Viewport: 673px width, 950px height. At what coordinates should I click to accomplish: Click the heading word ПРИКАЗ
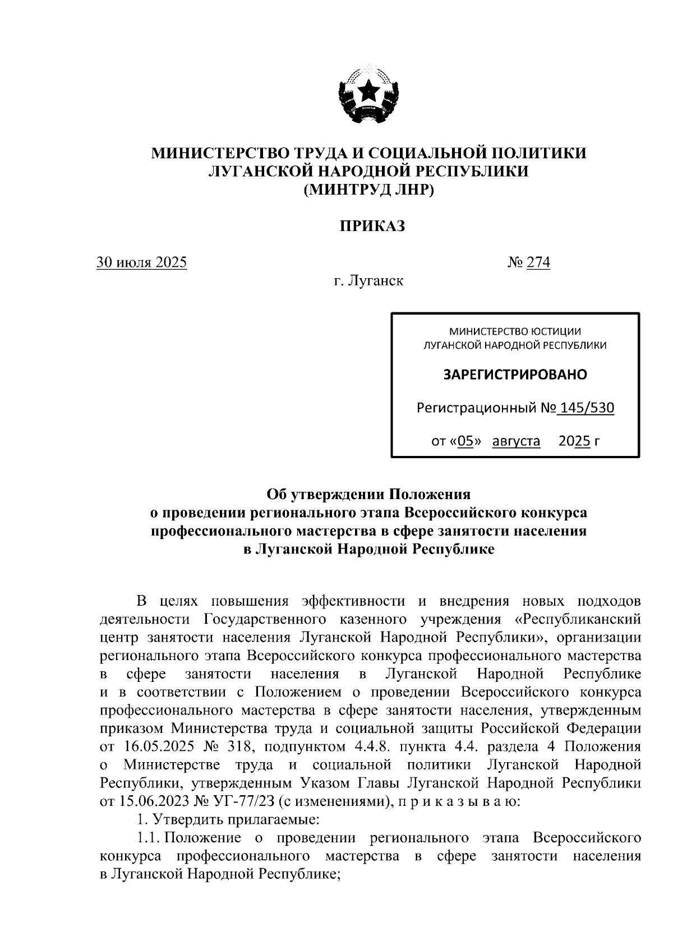pos(371,226)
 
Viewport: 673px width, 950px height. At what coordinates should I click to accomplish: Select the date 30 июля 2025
pos(142,262)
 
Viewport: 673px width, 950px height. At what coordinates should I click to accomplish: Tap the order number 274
pos(538,262)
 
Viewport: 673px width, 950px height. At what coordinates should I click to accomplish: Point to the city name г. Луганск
pos(368,280)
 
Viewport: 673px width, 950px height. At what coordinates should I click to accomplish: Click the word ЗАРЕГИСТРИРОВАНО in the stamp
pos(515,374)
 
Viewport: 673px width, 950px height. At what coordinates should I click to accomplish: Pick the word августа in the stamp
pos(516,441)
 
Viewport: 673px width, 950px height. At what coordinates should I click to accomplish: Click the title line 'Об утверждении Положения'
pos(368,494)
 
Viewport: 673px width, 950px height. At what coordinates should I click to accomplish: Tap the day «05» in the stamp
pos(468,441)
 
